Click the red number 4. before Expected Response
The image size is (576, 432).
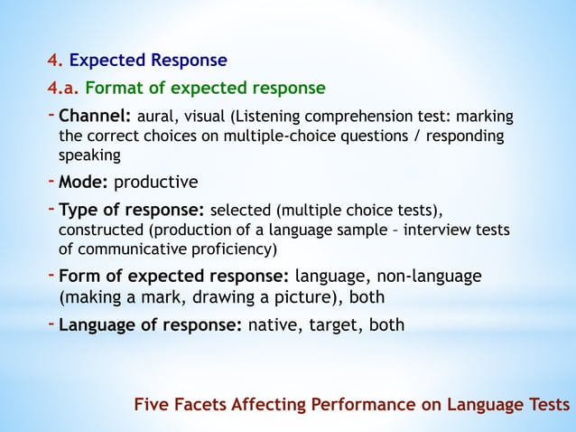coord(54,61)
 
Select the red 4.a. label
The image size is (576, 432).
coord(63,89)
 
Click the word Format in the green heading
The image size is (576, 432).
coord(113,89)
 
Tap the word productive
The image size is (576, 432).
coord(155,182)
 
